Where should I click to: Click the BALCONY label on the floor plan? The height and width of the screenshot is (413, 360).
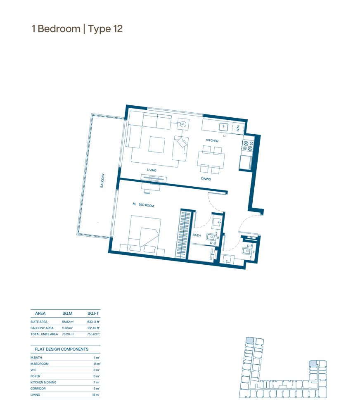(x=102, y=180)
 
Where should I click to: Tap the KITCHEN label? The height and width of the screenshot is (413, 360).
(x=212, y=140)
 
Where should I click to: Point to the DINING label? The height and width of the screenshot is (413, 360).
(x=206, y=178)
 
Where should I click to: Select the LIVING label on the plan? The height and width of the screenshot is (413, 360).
(x=152, y=170)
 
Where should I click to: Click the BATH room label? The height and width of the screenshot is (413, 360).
(x=197, y=235)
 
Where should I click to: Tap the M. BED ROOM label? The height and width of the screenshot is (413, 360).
(x=143, y=205)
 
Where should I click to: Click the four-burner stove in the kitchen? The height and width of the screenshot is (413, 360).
(x=248, y=146)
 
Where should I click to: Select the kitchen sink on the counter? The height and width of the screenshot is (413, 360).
(x=224, y=126)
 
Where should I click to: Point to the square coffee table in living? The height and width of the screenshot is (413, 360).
(x=157, y=144)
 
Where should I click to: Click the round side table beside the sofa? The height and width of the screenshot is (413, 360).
(x=183, y=124)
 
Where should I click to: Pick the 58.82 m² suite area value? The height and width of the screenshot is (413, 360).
(x=68, y=322)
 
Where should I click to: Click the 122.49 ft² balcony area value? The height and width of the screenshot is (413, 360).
(x=93, y=328)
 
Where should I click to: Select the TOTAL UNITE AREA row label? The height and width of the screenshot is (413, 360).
(x=44, y=334)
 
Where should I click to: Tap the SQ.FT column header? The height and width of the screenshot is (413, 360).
(x=93, y=313)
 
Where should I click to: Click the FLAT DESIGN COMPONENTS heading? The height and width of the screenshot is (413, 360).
(x=62, y=349)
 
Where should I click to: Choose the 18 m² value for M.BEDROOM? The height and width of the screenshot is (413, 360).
(x=97, y=364)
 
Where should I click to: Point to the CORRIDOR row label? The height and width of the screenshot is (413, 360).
(x=38, y=389)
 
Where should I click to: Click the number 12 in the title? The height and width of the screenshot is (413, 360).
(x=118, y=29)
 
